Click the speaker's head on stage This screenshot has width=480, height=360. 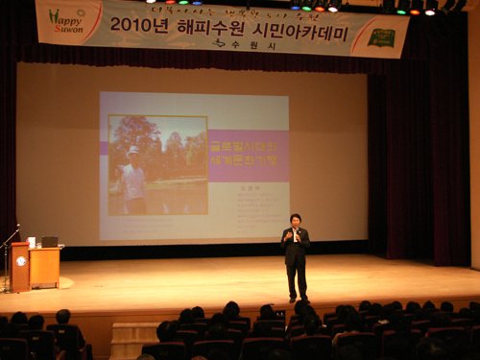296,219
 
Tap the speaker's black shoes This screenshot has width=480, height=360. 297,297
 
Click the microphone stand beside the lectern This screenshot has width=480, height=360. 6,259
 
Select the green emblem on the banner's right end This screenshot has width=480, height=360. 382,37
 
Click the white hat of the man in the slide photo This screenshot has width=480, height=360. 133,151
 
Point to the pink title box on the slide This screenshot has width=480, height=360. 248,156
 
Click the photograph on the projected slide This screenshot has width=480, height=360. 157,165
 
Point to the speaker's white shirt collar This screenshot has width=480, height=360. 296,230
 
